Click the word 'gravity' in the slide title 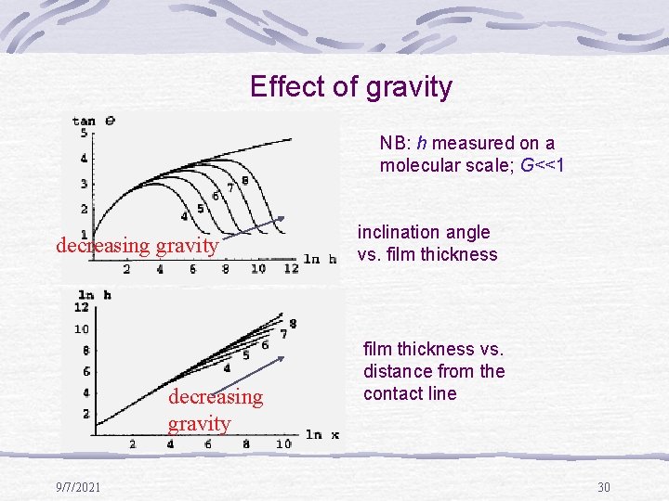click(x=409, y=87)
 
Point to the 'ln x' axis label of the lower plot click(x=321, y=434)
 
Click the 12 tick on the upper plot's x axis click(x=290, y=268)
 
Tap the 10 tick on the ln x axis click(x=283, y=444)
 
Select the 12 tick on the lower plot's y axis click(x=82, y=307)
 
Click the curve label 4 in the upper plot click(x=185, y=216)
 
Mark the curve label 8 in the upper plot click(x=244, y=180)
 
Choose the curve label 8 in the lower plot click(x=293, y=323)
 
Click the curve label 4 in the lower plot click(x=227, y=368)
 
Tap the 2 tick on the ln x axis click(x=132, y=444)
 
